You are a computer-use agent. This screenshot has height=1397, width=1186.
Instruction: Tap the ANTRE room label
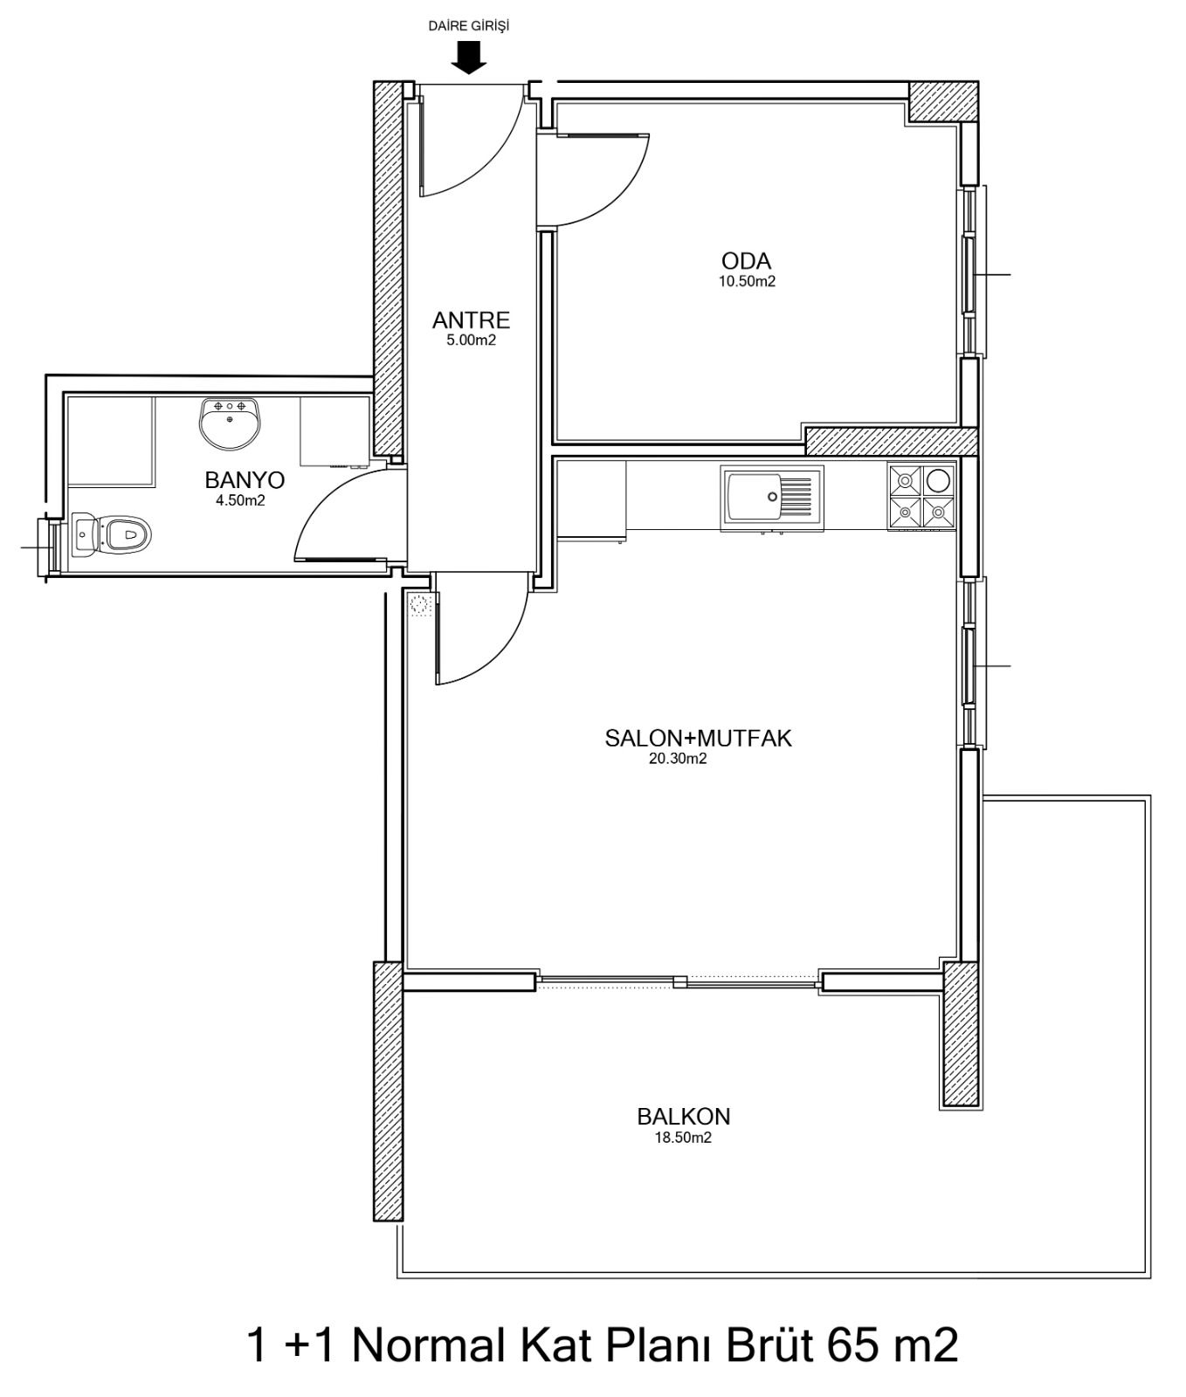coord(471,320)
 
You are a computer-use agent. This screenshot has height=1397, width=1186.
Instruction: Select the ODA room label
coord(746,261)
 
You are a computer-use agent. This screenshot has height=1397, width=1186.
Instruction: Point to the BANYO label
coord(245,480)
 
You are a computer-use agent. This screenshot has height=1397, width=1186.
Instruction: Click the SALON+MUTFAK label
coord(698,739)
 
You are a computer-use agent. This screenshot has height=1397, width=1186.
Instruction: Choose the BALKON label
coord(684,1117)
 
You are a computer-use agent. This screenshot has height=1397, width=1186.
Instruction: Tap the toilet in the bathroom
coord(112,532)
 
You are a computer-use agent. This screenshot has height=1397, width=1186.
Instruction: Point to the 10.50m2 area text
coord(747,282)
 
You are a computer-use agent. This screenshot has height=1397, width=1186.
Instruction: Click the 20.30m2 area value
coord(678,759)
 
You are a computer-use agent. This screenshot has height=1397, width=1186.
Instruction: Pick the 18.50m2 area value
coord(683,1138)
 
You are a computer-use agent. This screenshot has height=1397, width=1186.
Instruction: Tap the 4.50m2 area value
coord(240,501)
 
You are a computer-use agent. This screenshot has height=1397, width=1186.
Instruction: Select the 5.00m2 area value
coord(472,341)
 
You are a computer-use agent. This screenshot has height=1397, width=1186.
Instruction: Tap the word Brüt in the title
coord(760,1345)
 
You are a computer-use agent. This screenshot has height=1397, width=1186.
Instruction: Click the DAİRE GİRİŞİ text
coord(468,26)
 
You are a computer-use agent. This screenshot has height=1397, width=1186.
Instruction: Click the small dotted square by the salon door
coord(421,605)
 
